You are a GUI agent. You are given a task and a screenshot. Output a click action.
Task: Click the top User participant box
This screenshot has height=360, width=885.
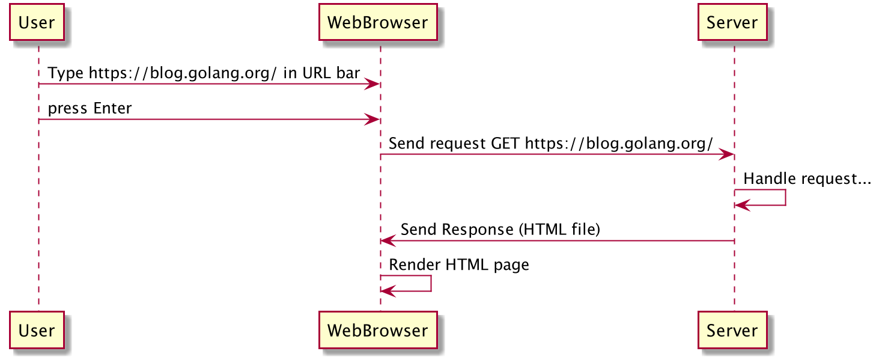point(37,22)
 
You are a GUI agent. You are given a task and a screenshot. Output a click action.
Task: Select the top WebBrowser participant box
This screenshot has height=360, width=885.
point(378,22)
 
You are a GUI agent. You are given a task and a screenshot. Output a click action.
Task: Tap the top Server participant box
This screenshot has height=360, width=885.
point(732,22)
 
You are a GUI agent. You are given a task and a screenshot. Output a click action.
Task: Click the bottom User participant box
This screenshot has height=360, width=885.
point(37,330)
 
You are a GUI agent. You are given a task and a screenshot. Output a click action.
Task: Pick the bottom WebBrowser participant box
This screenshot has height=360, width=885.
point(378,330)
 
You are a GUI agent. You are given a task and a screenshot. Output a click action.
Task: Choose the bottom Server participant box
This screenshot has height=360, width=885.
point(732,330)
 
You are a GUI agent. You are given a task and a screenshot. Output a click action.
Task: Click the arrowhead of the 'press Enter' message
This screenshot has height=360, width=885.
point(372,120)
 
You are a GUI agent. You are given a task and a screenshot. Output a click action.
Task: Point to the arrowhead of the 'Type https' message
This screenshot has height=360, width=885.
point(372,84)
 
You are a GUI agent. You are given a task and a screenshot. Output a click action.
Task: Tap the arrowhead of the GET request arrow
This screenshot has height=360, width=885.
point(726,154)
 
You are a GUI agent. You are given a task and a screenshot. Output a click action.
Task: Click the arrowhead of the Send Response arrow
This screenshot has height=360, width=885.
point(388,240)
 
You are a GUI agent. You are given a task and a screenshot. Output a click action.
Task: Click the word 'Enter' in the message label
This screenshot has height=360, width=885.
point(112,108)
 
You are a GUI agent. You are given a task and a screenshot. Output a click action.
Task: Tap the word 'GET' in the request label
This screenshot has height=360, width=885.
point(505,143)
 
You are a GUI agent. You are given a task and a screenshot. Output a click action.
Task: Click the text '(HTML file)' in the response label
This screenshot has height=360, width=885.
point(559,230)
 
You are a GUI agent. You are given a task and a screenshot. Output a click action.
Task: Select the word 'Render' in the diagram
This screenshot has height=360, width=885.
point(415,265)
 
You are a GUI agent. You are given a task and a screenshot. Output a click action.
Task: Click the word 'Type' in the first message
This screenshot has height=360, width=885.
point(65,73)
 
